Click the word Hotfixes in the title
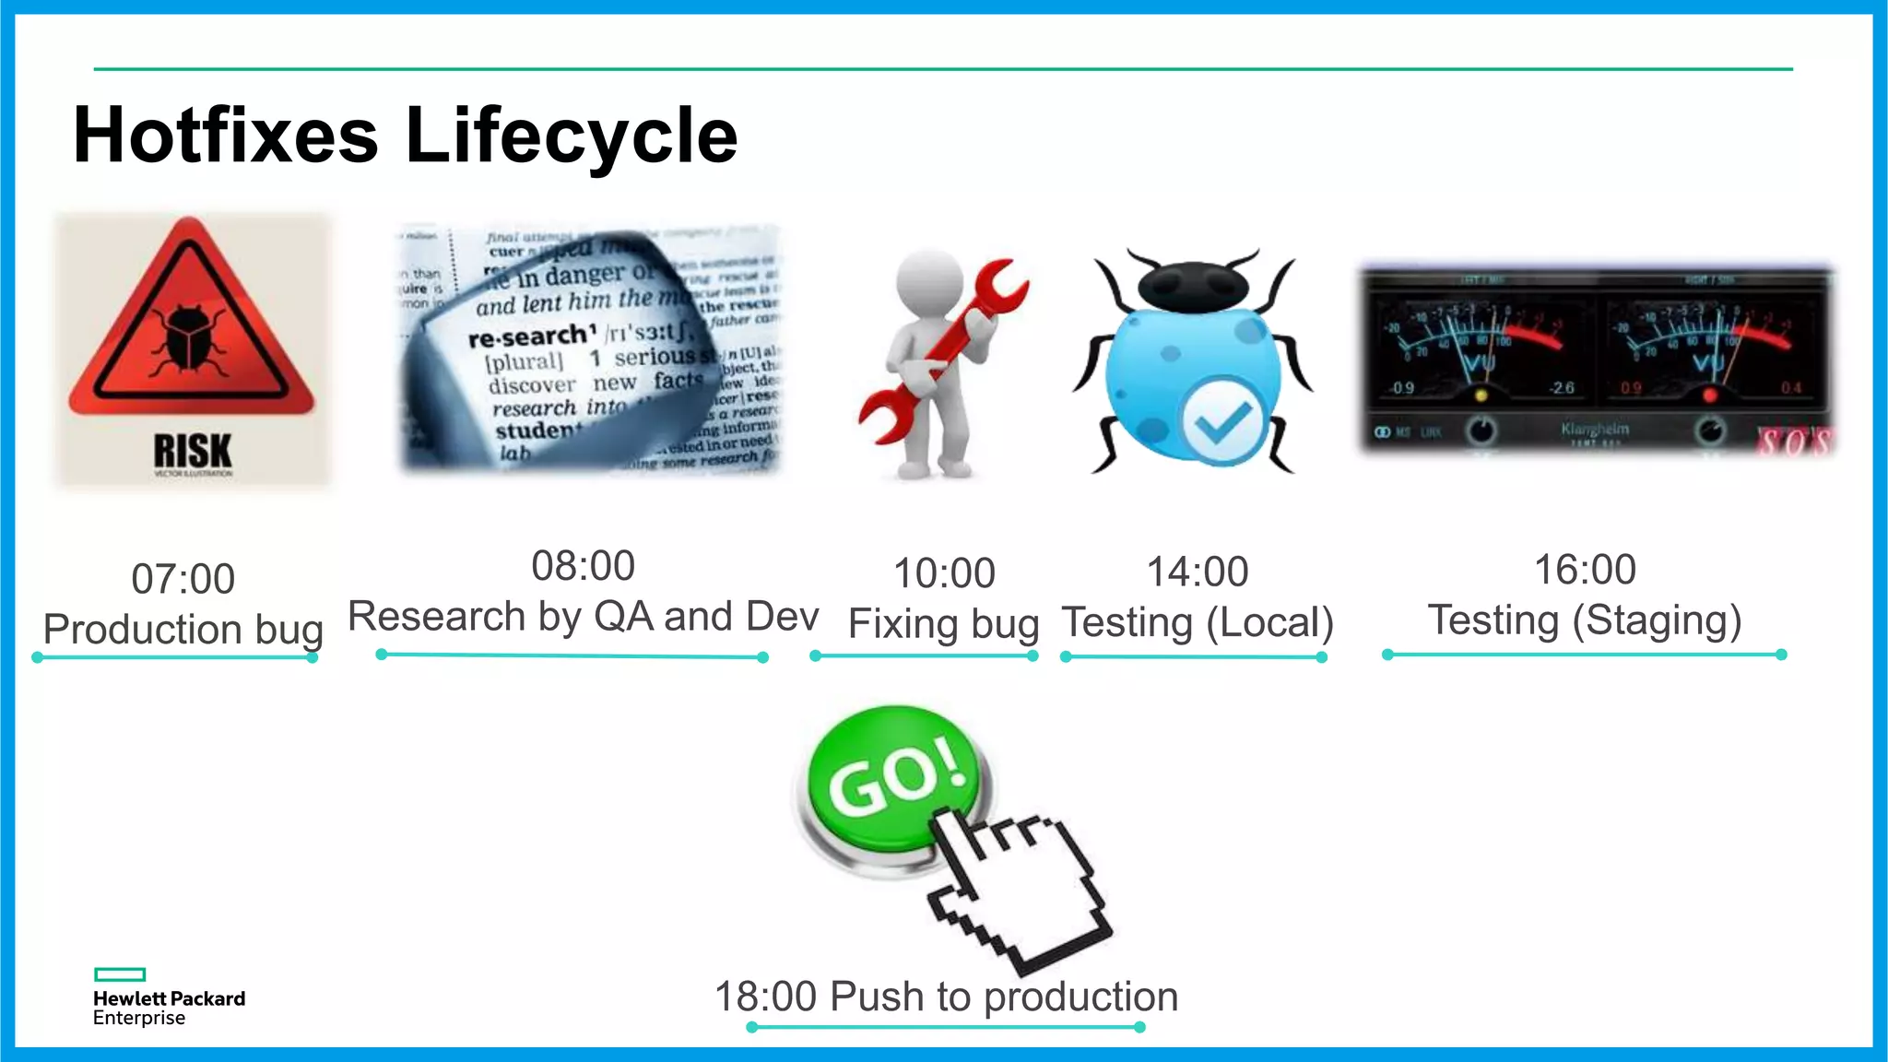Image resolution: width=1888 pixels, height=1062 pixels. click(226, 136)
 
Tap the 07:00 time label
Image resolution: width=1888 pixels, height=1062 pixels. click(183, 579)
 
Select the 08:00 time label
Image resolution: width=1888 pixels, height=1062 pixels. click(583, 566)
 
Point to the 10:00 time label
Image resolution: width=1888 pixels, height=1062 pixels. click(944, 573)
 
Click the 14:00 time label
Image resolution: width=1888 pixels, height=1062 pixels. click(1197, 572)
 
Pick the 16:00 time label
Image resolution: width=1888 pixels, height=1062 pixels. click(1584, 570)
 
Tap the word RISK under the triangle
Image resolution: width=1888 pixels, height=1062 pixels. click(193, 451)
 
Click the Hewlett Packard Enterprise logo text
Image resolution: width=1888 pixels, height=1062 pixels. click(169, 1008)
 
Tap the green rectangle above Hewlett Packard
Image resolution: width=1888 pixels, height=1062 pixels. click(120, 974)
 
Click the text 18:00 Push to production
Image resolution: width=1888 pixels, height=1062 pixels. click(946, 997)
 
